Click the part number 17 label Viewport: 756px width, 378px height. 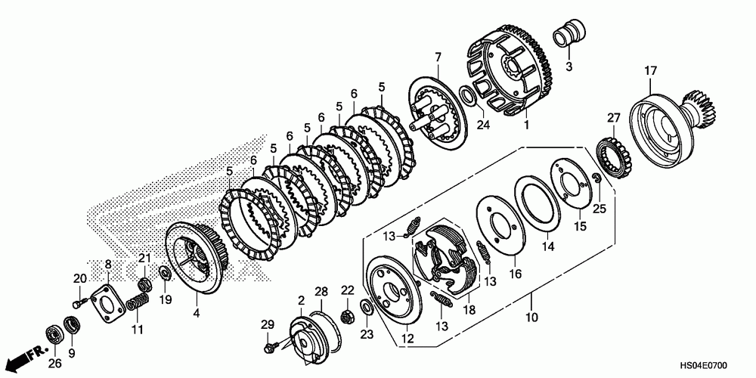pyautogui.click(x=649, y=72)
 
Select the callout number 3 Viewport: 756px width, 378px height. pyautogui.click(x=569, y=67)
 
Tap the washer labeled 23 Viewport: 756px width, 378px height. pyautogui.click(x=367, y=306)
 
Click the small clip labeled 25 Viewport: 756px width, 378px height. pyautogui.click(x=596, y=179)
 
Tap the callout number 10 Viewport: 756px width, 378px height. pyautogui.click(x=531, y=318)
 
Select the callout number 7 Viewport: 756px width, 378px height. pyautogui.click(x=437, y=57)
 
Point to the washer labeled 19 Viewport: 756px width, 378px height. pyautogui.click(x=164, y=272)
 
